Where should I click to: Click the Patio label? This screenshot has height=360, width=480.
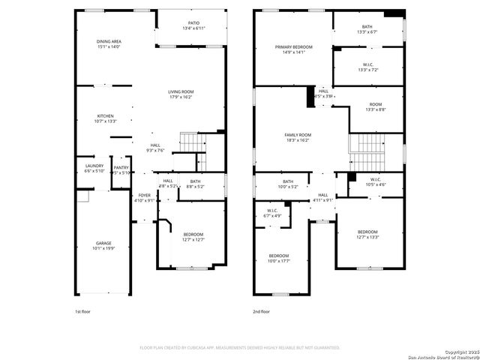(x=193, y=25)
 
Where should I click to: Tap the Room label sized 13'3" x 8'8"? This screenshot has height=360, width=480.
(x=376, y=107)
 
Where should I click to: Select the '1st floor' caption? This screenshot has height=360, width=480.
(x=83, y=311)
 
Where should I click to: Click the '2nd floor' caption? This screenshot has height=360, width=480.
(x=262, y=311)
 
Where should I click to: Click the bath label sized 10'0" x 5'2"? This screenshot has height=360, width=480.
(x=288, y=184)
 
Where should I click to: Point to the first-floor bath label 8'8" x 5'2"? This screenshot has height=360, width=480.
(x=195, y=184)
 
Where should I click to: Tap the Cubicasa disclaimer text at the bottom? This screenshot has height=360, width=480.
(x=240, y=347)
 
